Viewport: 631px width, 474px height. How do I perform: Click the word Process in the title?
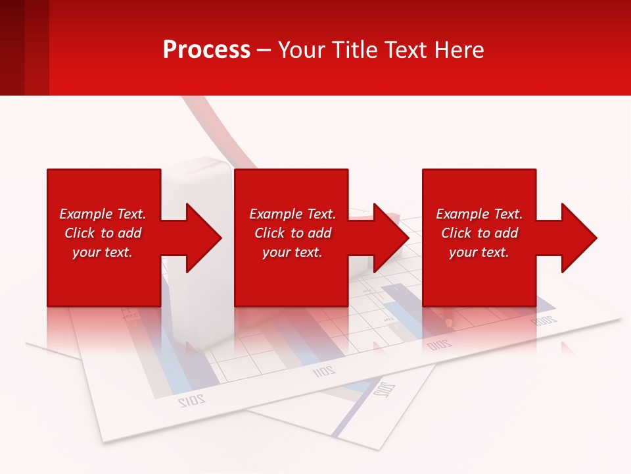[x=206, y=50]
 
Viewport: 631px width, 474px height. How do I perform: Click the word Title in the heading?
[x=354, y=50]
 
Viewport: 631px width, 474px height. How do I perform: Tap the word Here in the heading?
[x=460, y=50]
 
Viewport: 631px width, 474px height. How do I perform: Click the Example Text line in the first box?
[x=103, y=214]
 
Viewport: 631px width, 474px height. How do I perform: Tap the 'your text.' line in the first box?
[x=103, y=252]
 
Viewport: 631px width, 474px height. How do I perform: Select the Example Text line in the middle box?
[x=292, y=214]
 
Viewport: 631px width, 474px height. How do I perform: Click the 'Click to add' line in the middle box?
[x=292, y=233]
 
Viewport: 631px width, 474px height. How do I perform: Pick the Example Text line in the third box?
[x=479, y=214]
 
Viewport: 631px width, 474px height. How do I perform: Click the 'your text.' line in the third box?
[x=479, y=252]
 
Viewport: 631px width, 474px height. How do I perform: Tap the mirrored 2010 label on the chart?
[x=439, y=344]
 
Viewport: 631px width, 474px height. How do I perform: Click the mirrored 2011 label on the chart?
[x=323, y=371]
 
